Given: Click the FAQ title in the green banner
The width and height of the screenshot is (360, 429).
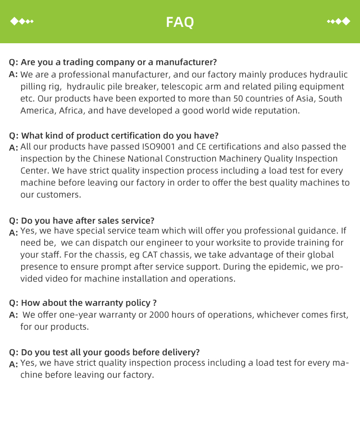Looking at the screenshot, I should (180, 22).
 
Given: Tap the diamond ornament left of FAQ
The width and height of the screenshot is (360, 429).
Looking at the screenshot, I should (22, 22).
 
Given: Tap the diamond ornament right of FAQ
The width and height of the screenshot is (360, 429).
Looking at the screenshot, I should (338, 22).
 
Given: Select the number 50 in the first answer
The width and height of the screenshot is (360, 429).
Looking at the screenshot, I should (238, 98).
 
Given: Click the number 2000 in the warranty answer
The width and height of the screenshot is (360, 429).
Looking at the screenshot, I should (160, 315).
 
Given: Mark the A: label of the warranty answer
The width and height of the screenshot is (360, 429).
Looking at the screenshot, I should (13, 315).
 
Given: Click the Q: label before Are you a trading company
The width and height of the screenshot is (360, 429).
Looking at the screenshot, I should (13, 62).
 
